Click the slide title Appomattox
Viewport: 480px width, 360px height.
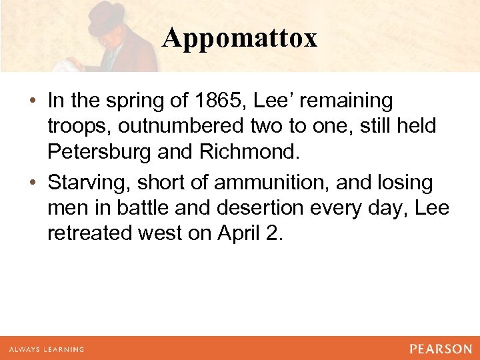tap(239, 38)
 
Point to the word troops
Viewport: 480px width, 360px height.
tap(73, 127)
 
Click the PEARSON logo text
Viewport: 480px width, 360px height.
tap(441, 349)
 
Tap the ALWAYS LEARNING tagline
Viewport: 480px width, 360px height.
tap(47, 349)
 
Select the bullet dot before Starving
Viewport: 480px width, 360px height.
tap(32, 183)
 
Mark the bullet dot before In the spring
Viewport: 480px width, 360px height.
tap(32, 101)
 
